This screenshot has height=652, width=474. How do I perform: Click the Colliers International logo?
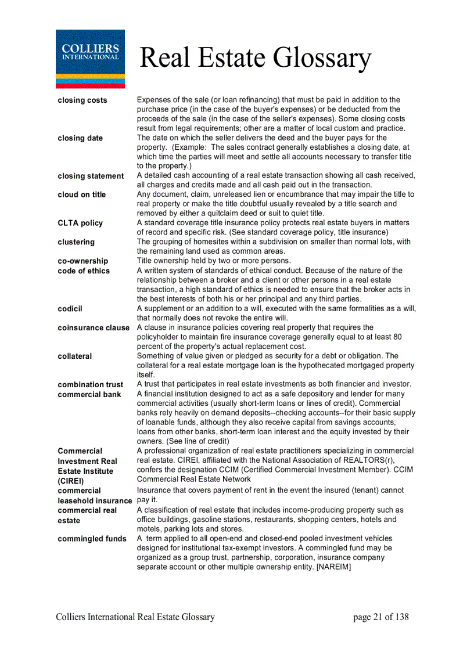pos(90,59)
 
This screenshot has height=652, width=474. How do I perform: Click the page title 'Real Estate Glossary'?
pos(255,58)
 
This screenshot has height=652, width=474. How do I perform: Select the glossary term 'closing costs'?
pos(82,100)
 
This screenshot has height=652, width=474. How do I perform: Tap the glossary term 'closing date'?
pos(80,138)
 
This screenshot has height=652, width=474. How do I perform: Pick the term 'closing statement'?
pos(91,176)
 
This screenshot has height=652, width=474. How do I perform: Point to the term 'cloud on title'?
pos(82,194)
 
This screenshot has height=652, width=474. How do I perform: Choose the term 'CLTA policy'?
pos(80,223)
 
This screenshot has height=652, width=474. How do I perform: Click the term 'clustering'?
pos(76,242)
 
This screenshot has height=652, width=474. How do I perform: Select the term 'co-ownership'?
pos(83,261)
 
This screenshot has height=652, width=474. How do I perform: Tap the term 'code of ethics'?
pos(84,271)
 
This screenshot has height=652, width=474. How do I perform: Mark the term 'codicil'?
pos(70,309)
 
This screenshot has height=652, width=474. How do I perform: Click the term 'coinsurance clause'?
pos(94,328)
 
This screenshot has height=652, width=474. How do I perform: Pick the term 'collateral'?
pos(75,356)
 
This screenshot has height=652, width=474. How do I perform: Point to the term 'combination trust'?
pos(91,384)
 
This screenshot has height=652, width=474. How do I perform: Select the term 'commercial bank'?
pos(89,394)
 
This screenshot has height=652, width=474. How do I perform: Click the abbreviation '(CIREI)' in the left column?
pos(71,481)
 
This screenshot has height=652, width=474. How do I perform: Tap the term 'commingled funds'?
pos(92,539)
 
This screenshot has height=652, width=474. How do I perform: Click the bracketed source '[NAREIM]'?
pos(333,567)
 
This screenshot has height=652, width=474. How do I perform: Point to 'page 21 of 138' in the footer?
pos(380,617)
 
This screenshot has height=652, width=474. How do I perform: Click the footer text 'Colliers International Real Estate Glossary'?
pos(135,617)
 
